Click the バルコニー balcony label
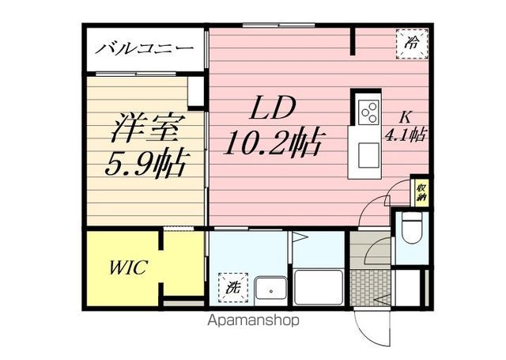coord(144,49)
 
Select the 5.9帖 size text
coord(145,163)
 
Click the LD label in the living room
coord(273,108)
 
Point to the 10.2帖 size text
coord(274,142)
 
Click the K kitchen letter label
coord(405,118)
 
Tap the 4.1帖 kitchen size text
coord(405,135)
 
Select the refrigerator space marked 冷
coord(413,44)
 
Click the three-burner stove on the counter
coord(369,112)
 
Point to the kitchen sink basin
coord(368,156)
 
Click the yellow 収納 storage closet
coord(421,191)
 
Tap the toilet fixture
coord(411,227)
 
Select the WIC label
coord(128,267)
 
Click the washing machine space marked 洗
coord(233,287)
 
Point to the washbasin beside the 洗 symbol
coord(270,290)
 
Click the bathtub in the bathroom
coord(319,287)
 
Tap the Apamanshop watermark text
coord(253,320)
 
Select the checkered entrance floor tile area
coord(371,287)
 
